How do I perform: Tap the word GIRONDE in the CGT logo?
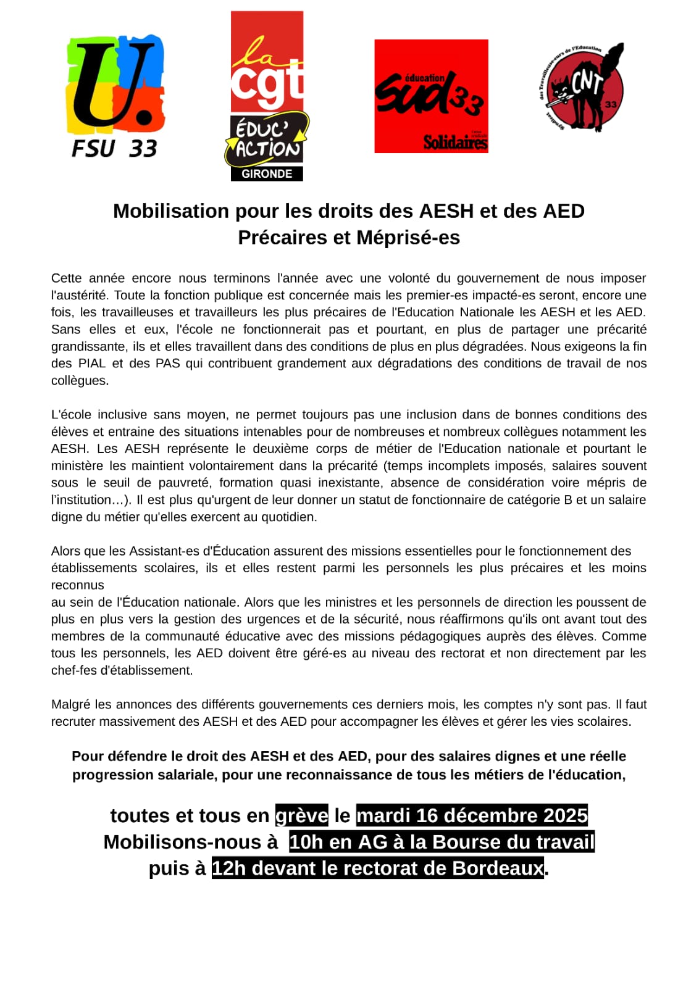(267, 174)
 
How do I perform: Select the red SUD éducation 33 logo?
(431, 96)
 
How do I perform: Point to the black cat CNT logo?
(582, 88)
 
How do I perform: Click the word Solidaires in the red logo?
(455, 143)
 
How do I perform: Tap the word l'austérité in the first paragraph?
(79, 296)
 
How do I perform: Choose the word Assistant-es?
(165, 551)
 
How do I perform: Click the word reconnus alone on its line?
(77, 585)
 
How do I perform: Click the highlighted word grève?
(302, 815)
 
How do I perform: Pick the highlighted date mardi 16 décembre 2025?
(472, 815)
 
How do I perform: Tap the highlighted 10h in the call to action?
(306, 842)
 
